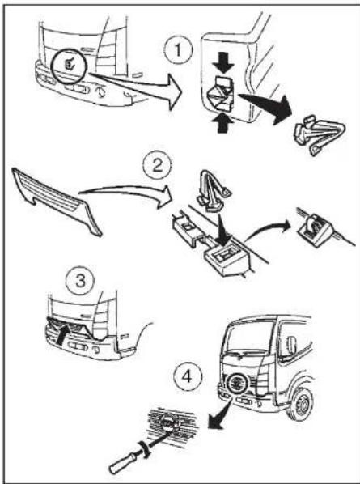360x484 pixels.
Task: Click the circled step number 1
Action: click(x=178, y=50)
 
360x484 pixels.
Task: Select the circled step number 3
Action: click(x=80, y=281)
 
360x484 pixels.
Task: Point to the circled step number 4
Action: click(x=187, y=376)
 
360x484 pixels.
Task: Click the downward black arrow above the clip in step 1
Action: click(x=222, y=66)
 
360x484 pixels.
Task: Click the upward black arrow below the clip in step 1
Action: click(x=222, y=123)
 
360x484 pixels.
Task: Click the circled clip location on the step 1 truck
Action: click(x=70, y=65)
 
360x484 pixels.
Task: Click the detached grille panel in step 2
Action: click(x=57, y=200)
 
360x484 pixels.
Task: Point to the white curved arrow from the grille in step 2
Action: click(x=126, y=191)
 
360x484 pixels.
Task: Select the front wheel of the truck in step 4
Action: click(x=300, y=404)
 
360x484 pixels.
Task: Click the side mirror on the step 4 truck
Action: click(x=291, y=345)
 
